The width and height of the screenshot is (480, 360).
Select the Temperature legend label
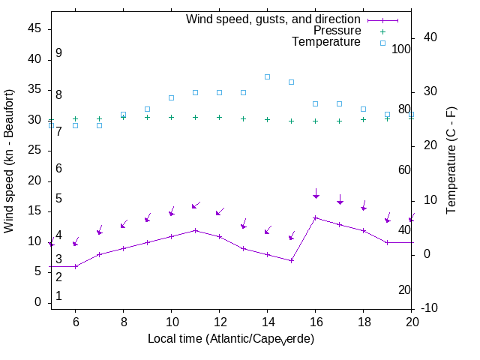[x=326, y=42]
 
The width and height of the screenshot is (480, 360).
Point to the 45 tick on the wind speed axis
[x=35, y=28]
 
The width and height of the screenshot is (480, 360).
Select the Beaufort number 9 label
[x=58, y=53]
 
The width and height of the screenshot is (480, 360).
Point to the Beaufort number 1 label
[x=58, y=296]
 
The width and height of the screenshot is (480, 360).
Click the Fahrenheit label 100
[x=402, y=49]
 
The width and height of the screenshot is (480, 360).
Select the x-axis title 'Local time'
[x=231, y=339]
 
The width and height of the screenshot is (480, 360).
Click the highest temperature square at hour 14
[x=267, y=76]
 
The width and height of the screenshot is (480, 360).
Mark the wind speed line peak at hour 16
[x=315, y=217]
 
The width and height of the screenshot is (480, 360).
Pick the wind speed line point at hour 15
[x=291, y=260]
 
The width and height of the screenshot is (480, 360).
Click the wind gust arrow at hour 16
[x=316, y=194]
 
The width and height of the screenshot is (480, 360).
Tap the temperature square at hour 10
[x=171, y=97]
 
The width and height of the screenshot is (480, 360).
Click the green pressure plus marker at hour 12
[x=219, y=117]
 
